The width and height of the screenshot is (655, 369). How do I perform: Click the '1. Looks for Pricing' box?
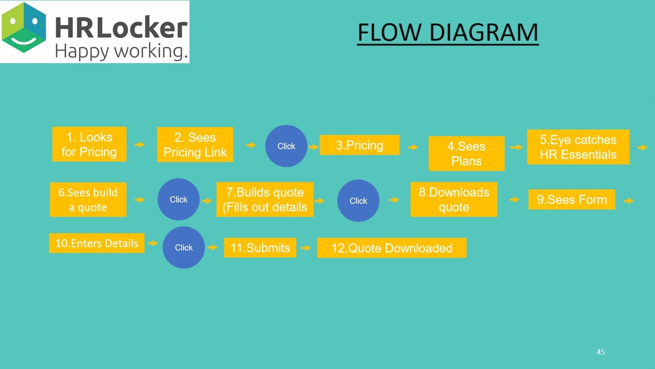(x=89, y=144)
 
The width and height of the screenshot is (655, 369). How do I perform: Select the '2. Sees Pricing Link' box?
(x=195, y=145)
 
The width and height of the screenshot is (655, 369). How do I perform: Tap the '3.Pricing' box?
(x=359, y=145)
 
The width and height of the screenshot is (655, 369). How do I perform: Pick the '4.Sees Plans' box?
(x=466, y=153)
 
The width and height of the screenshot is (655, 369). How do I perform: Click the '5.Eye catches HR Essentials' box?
(x=578, y=147)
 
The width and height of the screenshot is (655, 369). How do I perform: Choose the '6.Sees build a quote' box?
(x=88, y=200)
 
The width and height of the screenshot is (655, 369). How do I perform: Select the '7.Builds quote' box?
(x=265, y=199)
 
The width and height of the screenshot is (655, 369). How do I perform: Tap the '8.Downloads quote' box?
(x=454, y=199)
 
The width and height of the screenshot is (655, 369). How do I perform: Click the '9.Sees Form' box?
(x=572, y=199)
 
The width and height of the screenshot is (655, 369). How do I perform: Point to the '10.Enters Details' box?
(x=97, y=243)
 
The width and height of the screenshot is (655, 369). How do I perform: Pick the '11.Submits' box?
(x=260, y=248)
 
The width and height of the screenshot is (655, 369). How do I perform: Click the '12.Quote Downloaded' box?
(x=392, y=248)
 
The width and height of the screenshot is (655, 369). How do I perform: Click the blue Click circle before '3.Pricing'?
(x=286, y=146)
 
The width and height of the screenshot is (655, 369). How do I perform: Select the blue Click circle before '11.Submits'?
(x=184, y=248)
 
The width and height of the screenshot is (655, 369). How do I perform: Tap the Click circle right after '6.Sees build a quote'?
(x=179, y=199)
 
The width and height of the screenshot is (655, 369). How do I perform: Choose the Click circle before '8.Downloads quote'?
(x=358, y=200)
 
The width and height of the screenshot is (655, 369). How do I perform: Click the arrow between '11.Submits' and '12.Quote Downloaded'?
(x=306, y=248)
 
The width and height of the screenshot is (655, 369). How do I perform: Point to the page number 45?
(x=601, y=352)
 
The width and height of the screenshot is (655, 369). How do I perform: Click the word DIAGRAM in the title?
(x=484, y=32)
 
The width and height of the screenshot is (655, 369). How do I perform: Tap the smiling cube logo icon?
(x=24, y=28)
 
